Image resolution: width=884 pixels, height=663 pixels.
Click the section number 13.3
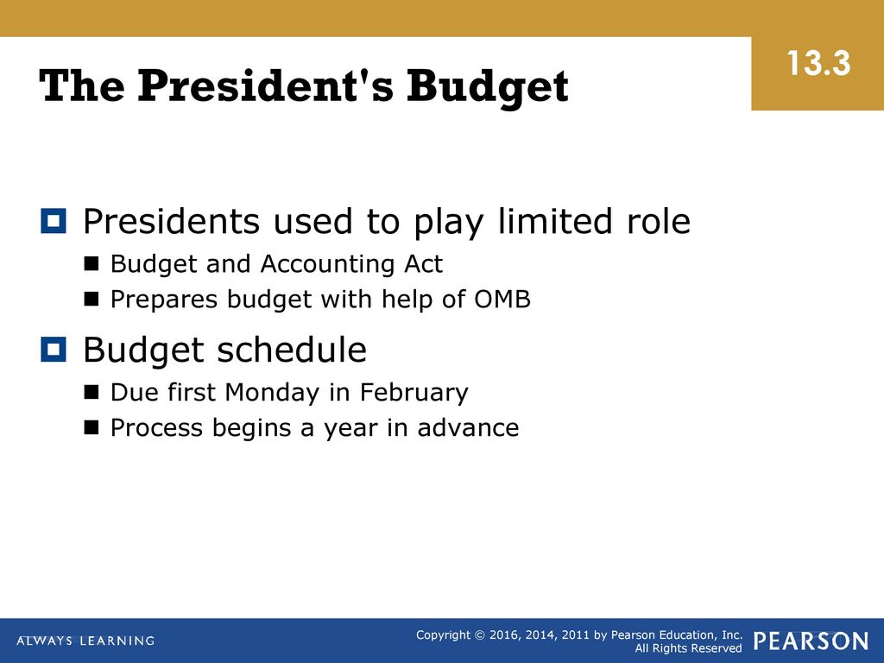818,62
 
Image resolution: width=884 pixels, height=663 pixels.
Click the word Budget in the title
487,87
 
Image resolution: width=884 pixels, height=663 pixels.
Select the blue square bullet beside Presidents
54,220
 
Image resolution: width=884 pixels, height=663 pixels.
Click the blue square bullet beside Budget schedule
54,350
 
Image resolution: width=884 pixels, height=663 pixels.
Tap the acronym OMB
502,299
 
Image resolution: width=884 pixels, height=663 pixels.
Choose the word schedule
292,350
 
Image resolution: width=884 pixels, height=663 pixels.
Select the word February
414,393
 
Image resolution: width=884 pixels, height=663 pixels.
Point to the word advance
468,428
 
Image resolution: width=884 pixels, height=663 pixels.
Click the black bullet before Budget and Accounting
92,264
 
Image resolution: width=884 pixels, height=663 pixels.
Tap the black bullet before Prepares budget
92,300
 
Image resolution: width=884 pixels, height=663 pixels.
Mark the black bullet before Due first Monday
92,393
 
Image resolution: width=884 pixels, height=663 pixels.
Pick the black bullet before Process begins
92,428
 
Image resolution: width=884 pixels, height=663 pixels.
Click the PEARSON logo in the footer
811,641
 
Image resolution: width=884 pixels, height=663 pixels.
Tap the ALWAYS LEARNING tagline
85,641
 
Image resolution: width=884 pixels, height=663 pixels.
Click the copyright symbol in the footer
480,635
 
